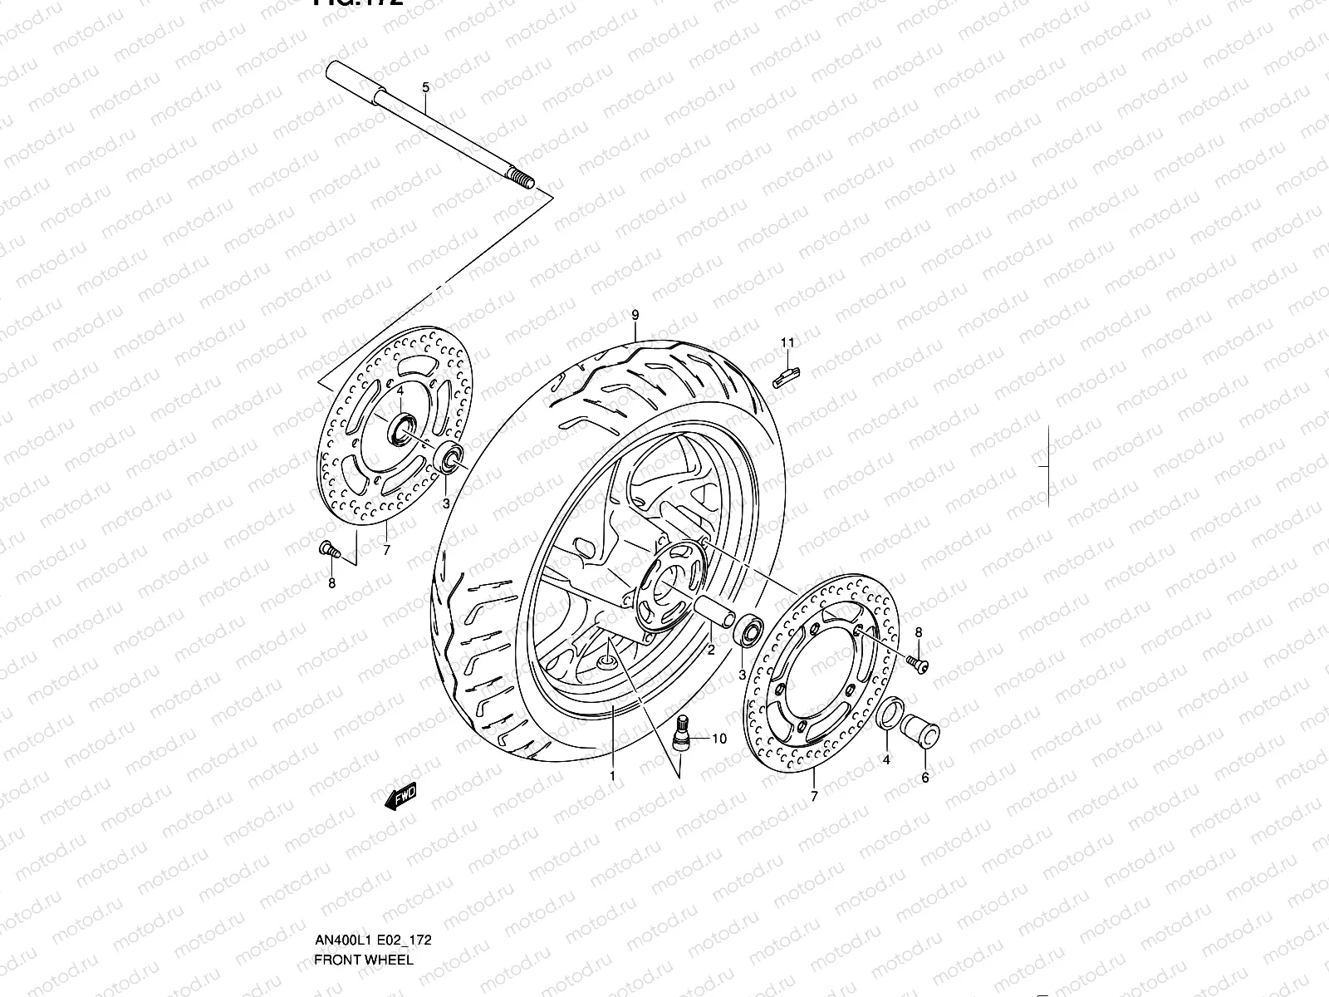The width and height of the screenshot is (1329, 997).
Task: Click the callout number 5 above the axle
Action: click(x=425, y=87)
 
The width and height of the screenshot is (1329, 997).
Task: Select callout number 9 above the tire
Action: click(x=635, y=315)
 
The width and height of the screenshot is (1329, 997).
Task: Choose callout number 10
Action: click(x=718, y=738)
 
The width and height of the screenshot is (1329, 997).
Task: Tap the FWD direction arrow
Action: click(x=400, y=797)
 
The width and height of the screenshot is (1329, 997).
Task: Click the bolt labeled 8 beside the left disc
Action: click(x=327, y=548)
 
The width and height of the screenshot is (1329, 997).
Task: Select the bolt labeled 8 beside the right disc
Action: click(x=918, y=662)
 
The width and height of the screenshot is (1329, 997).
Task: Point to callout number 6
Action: click(x=925, y=778)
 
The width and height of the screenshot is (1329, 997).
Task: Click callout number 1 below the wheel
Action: click(x=612, y=776)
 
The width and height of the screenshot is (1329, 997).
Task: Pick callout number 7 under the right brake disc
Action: click(x=813, y=796)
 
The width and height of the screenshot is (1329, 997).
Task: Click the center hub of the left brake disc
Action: click(x=401, y=430)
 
